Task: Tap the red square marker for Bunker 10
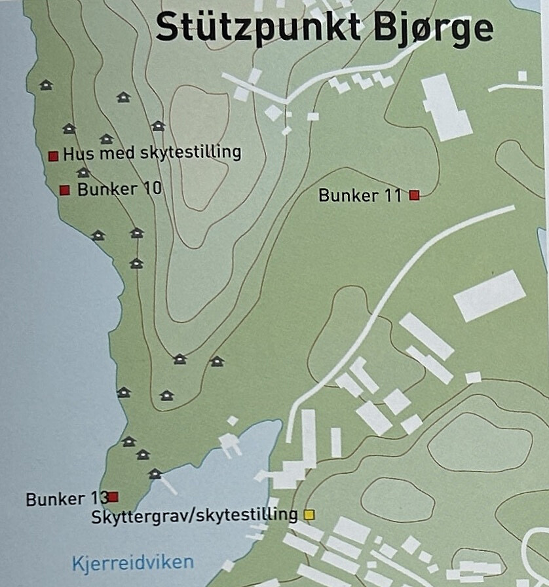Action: [65, 190]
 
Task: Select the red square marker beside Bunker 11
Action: [414, 195]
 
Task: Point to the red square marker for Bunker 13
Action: [113, 497]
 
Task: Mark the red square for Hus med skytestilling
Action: [54, 156]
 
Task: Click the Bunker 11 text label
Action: [360, 195]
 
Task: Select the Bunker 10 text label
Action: [119, 189]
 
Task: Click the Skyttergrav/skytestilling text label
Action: [195, 514]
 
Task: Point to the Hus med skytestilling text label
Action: [152, 153]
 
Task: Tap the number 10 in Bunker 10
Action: [151, 189]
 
